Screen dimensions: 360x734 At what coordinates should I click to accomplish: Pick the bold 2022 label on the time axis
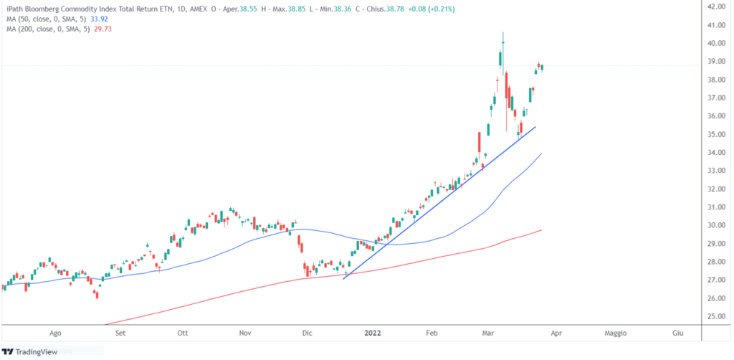[x=372, y=333]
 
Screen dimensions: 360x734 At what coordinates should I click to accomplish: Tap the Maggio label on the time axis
[x=616, y=333]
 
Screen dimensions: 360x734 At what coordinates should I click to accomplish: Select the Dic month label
[x=308, y=333]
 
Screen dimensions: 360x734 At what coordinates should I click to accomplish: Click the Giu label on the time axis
[x=677, y=333]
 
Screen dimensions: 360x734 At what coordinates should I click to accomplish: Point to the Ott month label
[x=183, y=333]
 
